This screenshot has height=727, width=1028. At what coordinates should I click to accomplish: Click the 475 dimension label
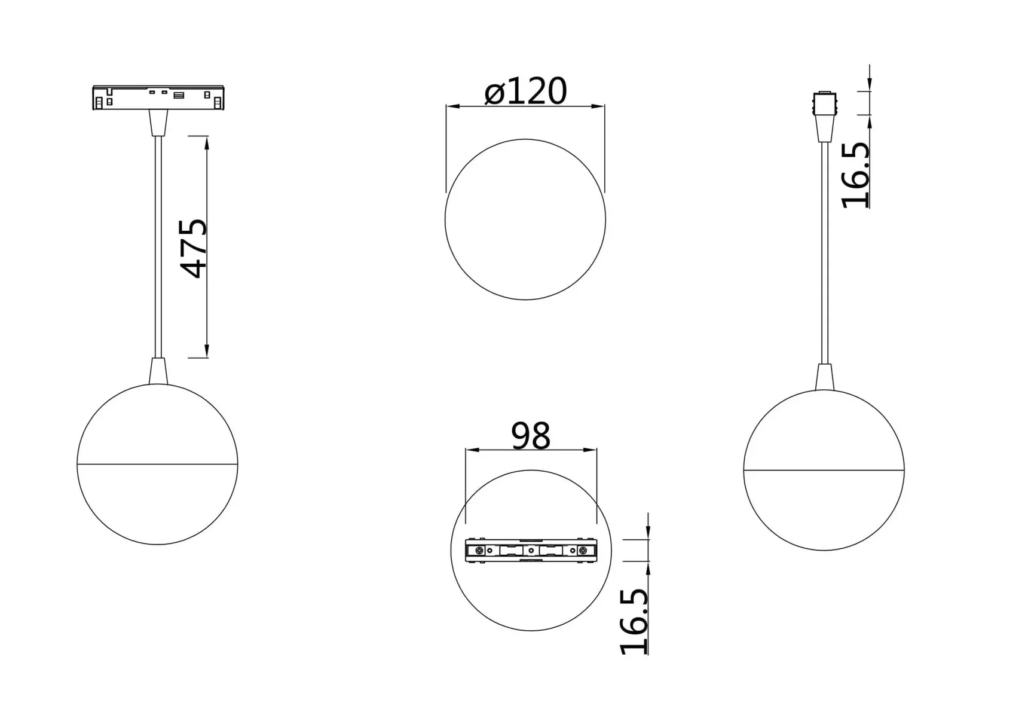194,248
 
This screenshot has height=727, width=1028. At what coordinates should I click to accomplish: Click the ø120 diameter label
525,91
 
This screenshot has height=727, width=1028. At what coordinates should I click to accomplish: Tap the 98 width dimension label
531,436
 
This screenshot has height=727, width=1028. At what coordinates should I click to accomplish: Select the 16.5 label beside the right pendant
856,175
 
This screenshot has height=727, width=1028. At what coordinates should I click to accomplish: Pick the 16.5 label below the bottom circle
634,621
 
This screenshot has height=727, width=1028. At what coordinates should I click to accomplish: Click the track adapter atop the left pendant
158,98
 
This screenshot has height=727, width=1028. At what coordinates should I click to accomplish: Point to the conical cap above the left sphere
158,371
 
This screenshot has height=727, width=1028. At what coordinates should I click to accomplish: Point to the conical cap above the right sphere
825,377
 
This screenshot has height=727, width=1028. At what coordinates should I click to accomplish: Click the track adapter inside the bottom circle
531,550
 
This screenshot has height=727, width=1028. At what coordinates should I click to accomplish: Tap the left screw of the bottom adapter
479,550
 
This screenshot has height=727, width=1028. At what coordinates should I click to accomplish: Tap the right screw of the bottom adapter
583,550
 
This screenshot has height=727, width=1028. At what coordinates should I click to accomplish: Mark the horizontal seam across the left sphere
158,464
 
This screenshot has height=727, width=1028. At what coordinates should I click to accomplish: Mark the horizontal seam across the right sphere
824,470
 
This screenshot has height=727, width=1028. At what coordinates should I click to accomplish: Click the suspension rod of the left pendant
158,245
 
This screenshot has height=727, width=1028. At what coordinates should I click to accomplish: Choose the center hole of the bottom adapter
531,550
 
